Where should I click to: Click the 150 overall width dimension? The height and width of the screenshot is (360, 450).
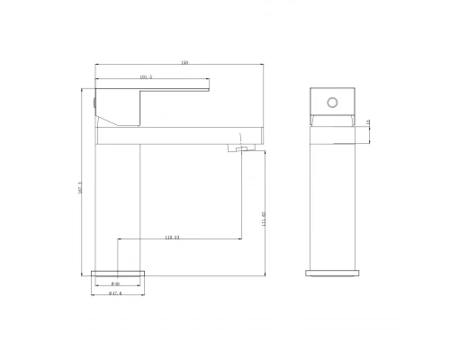click(x=184, y=63)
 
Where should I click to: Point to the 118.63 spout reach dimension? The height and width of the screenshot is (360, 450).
click(x=172, y=238)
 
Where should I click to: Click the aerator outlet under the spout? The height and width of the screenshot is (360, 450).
click(x=241, y=150)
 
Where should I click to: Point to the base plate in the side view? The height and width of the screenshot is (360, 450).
click(x=118, y=273)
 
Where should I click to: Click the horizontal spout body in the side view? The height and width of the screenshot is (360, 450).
click(x=180, y=135)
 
